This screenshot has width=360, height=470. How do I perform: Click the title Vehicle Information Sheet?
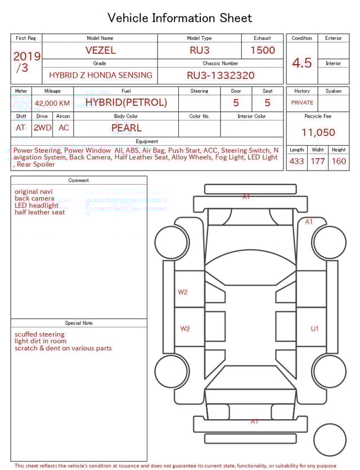[179, 18]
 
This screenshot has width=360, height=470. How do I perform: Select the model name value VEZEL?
[100, 50]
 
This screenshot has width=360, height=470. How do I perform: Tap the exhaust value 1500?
[262, 50]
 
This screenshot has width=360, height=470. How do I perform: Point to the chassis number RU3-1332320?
[220, 75]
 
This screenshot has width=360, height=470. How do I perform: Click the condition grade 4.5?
[301, 62]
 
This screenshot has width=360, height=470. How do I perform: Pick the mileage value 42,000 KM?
[52, 103]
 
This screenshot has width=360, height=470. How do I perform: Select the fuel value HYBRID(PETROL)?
[126, 102]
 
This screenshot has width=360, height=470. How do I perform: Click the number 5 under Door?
[236, 103]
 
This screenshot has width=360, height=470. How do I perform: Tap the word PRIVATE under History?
[302, 103]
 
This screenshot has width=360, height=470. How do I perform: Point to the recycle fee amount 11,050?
[318, 133]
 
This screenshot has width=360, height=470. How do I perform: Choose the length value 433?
[296, 161]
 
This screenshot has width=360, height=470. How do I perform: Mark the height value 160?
[339, 161]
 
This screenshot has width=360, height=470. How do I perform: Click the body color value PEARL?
[126, 128]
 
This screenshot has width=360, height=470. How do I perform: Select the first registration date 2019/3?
[26, 61]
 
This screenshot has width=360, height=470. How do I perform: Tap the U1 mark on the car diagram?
[315, 329]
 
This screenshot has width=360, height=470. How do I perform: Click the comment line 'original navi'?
[34, 191]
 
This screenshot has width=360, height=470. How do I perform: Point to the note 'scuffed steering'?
[39, 334]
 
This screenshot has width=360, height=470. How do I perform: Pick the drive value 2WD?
[42, 128]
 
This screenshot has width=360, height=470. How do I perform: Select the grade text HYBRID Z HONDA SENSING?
[100, 75]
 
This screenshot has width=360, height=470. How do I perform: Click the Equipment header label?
[147, 141]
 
